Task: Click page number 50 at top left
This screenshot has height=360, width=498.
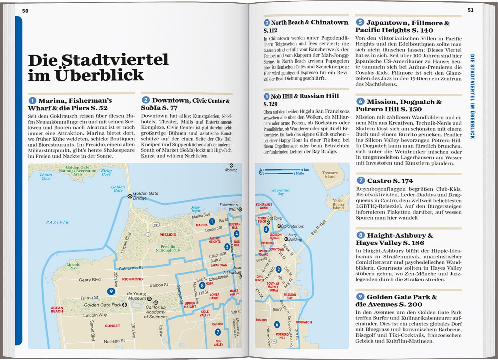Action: tap(25, 11)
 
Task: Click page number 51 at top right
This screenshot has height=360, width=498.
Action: tap(470, 10)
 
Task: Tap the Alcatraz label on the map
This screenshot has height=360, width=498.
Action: tap(231, 170)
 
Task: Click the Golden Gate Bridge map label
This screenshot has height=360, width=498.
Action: tap(145, 196)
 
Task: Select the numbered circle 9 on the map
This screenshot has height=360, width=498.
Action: tap(111, 292)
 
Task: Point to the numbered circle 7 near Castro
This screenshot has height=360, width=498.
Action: tap(218, 332)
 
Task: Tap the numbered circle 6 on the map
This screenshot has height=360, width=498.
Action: tap(277, 324)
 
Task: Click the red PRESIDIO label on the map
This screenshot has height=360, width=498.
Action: tap(168, 234)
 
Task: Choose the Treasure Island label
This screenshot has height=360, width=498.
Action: tap(330, 174)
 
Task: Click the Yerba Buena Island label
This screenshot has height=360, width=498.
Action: tap(338, 204)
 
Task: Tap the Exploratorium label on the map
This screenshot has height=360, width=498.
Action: tap(292, 226)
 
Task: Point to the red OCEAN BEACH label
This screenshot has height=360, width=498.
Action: tap(57, 310)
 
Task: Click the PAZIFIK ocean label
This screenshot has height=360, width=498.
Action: tap(57, 222)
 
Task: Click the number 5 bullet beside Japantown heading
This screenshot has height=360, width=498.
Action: tap(360, 23)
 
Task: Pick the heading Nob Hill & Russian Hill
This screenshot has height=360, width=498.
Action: tap(304, 96)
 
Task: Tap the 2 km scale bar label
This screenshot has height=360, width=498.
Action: tap(305, 170)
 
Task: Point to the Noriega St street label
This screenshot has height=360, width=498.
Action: tap(114, 341)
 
